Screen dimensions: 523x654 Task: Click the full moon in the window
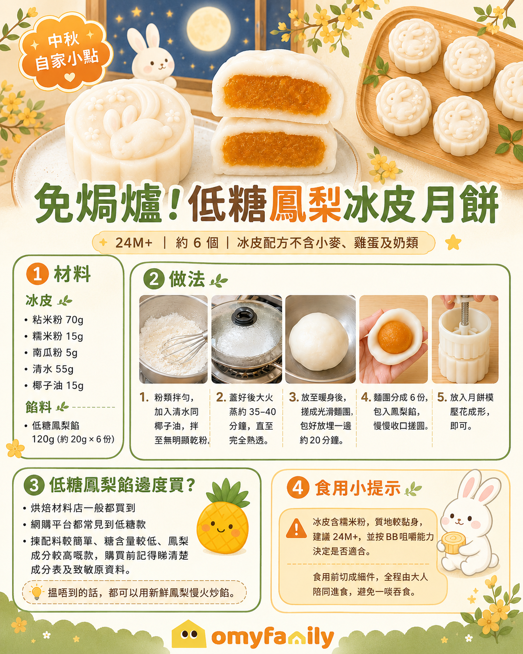(x=208, y=29)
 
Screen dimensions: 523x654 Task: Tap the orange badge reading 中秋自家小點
(x=66, y=52)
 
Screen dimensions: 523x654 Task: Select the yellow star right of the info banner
(x=453, y=242)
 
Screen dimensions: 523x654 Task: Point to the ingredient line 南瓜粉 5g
(x=55, y=353)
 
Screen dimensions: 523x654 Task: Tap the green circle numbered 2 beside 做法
(x=154, y=279)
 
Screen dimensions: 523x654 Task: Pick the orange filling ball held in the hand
(x=395, y=337)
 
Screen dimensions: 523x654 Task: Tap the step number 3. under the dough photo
(x=294, y=397)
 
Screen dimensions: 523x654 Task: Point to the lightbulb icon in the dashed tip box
(x=36, y=592)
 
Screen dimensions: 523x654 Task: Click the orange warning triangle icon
(x=296, y=529)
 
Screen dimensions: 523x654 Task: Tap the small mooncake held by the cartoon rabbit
(x=453, y=543)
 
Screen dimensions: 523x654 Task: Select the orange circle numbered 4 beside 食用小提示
(x=298, y=488)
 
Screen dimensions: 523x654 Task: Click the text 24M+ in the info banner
(x=134, y=243)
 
